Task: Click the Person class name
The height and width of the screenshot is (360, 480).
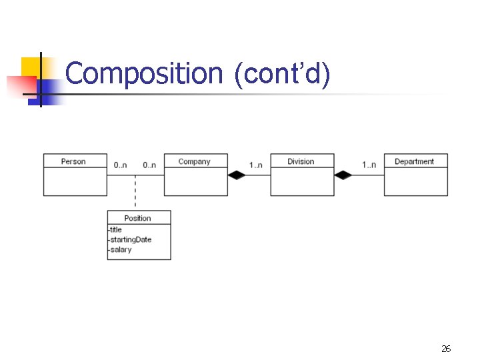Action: [73, 161]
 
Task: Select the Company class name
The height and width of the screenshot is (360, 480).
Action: [194, 161]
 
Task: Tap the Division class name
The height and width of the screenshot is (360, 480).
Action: [301, 161]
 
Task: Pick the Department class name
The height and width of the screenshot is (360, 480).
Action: [414, 161]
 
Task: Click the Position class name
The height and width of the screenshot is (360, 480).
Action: [137, 218]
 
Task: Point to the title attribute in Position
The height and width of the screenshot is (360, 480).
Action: [115, 229]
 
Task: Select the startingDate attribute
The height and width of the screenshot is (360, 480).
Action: [131, 240]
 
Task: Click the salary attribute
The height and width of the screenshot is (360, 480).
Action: [120, 250]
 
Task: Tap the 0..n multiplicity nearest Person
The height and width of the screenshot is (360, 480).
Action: [120, 165]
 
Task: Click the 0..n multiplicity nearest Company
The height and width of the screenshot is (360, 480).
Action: [149, 165]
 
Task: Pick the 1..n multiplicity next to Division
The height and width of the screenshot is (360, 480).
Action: [255, 165]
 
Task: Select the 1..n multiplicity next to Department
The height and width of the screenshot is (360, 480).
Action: [369, 165]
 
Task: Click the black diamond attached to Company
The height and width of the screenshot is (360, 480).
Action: [237, 175]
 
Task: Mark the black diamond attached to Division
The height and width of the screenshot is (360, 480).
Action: [343, 175]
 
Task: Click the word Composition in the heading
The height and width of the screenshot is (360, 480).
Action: [144, 73]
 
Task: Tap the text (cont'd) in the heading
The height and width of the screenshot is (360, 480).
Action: [282, 75]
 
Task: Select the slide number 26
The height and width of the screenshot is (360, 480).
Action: [446, 349]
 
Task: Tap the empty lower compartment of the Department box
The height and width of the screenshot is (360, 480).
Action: [416, 181]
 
